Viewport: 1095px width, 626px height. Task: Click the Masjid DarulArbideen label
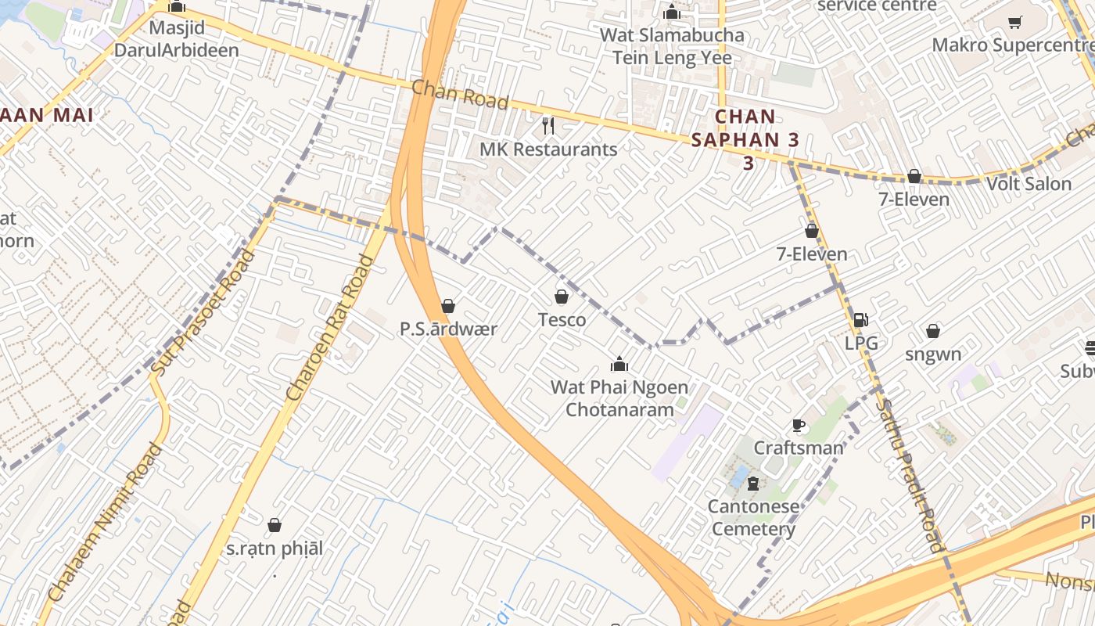(x=176, y=39)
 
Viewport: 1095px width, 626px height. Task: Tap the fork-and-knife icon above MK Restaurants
(x=548, y=125)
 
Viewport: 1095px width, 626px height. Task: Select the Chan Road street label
(x=460, y=95)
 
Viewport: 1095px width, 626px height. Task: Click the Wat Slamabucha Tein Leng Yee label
(x=672, y=46)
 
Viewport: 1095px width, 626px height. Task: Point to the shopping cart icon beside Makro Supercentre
(x=1015, y=22)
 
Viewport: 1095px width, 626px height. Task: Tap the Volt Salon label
(x=1029, y=184)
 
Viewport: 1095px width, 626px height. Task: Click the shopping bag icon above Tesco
(x=562, y=297)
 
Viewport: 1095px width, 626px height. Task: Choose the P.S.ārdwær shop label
(x=448, y=329)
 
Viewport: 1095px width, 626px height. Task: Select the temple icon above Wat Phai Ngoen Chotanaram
(x=619, y=364)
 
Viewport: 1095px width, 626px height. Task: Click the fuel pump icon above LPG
(x=860, y=319)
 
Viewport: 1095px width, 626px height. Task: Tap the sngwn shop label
(x=933, y=354)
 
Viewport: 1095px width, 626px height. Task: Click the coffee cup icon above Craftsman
(x=799, y=426)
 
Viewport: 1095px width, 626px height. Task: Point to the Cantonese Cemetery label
(x=753, y=517)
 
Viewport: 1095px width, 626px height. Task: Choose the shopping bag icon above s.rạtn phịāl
(x=275, y=525)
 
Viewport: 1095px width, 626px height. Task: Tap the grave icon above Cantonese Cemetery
(x=753, y=484)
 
